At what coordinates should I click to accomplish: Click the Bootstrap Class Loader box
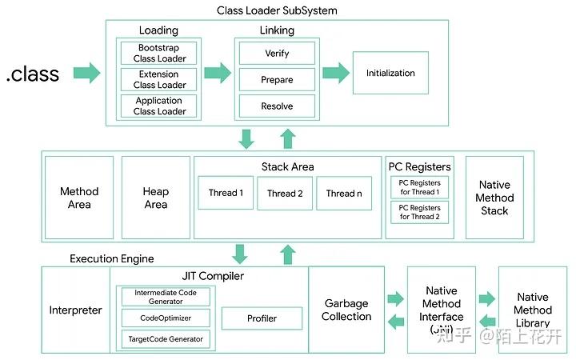coord(160,54)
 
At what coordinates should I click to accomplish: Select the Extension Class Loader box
coord(160,80)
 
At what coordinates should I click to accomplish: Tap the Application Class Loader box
coord(160,106)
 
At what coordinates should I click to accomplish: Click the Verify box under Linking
coord(277,54)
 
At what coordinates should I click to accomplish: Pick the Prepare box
coord(277,80)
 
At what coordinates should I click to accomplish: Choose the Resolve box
coord(277,106)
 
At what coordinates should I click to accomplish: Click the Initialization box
coord(390,74)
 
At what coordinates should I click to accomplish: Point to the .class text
coord(33,74)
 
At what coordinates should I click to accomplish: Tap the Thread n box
coord(344,193)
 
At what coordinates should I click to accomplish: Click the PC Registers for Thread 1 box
coord(419,188)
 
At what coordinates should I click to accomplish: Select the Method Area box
coord(79,198)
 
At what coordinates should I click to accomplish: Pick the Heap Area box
coord(155,198)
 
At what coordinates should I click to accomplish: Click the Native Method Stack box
coord(494,198)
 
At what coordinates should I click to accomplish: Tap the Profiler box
coord(262,318)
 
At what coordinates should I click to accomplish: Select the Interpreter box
coord(75,310)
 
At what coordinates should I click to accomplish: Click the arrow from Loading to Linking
coord(218,74)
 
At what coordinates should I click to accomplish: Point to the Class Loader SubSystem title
coord(277,10)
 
